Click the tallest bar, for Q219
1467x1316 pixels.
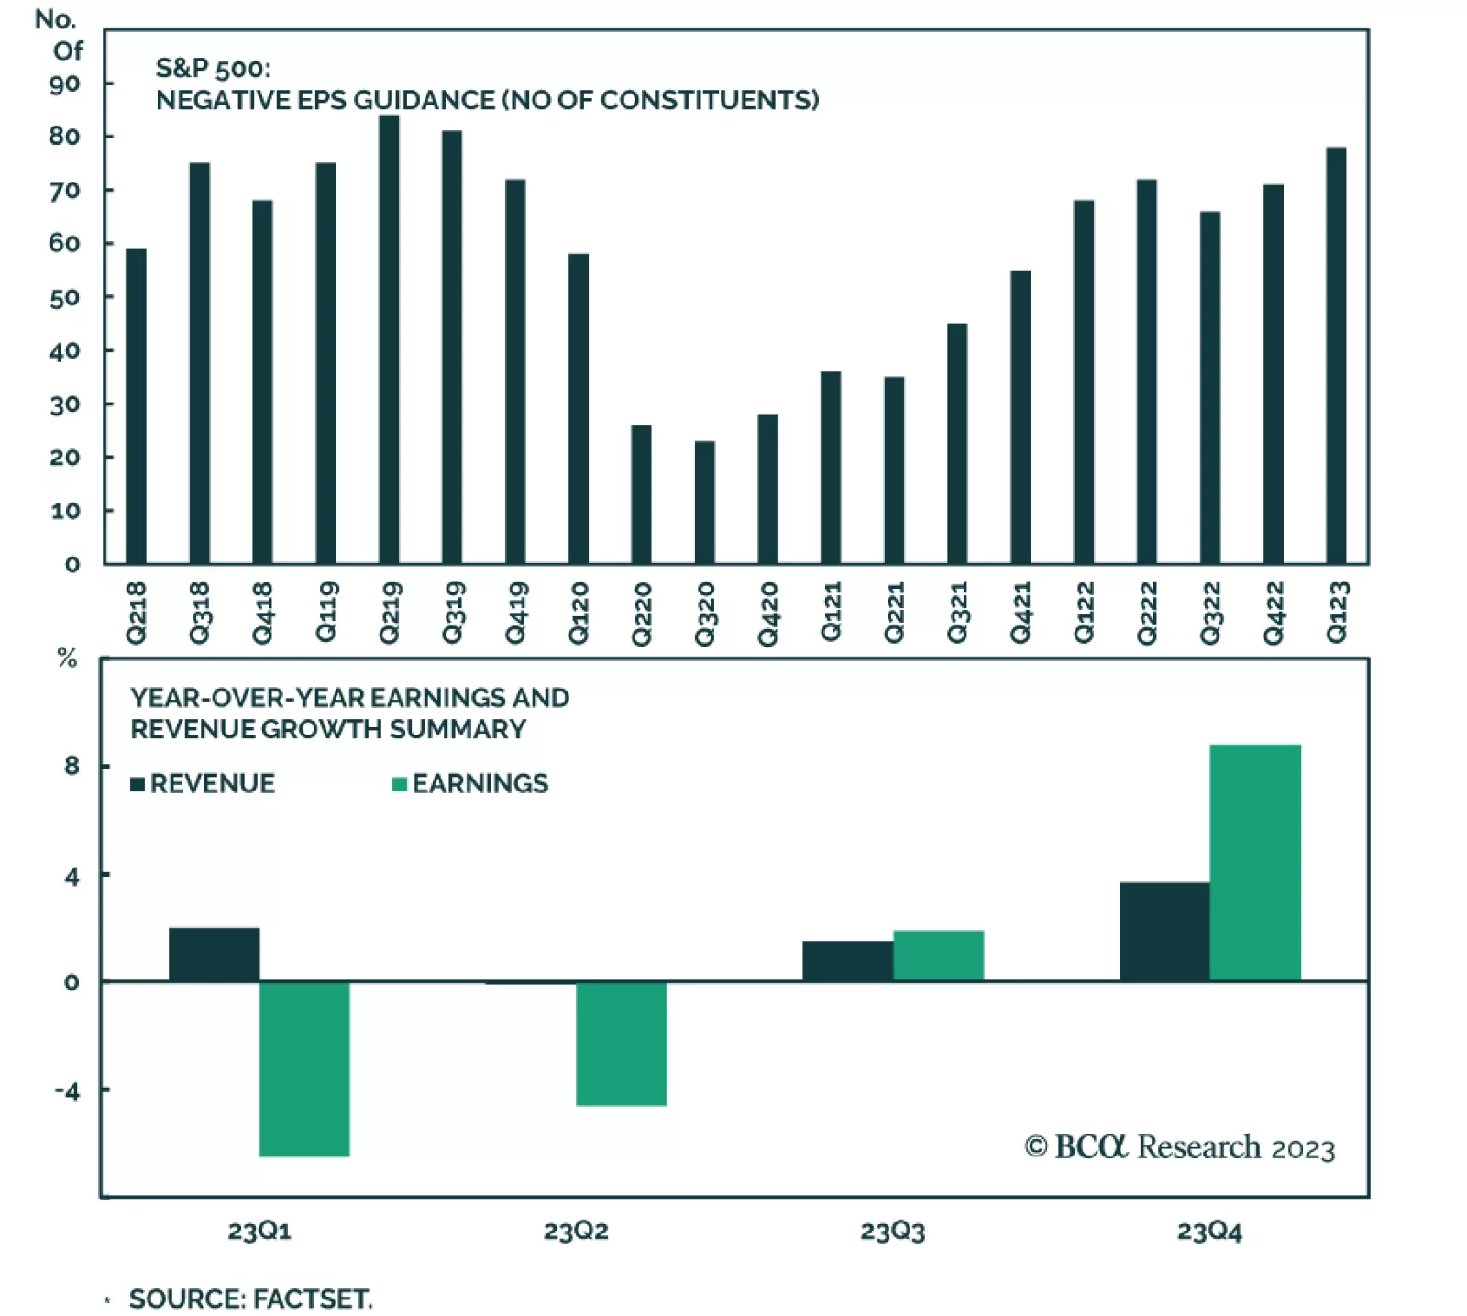coord(389,339)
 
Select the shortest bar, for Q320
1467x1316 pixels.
coord(704,503)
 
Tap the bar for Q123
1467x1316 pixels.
coord(1336,356)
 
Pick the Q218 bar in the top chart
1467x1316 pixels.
coord(136,406)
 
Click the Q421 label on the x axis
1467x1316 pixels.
coord(1020,613)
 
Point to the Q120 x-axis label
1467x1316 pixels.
coord(578,613)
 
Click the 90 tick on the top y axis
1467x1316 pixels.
coord(65,84)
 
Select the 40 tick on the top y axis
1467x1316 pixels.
coord(65,351)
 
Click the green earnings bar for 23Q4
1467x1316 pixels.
coord(1255,862)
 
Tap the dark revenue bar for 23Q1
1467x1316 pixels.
coord(214,955)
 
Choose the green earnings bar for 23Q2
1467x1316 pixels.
coord(622,1044)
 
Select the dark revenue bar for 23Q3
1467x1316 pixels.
coord(847,961)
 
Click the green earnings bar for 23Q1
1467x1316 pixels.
coord(304,1068)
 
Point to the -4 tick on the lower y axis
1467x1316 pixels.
coord(67,1091)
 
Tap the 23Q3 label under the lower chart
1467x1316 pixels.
coord(892,1231)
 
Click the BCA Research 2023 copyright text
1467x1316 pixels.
coord(1180,1147)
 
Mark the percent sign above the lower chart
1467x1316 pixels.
coord(67,658)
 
